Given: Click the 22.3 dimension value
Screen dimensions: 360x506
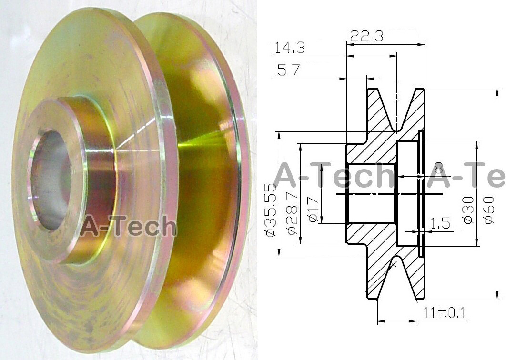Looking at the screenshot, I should [366, 36].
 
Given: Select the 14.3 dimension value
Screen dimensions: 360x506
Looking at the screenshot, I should [291, 48].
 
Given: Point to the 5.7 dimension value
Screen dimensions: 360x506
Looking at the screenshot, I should [288, 71].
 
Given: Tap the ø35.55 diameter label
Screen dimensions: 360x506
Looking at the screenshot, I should [270, 210].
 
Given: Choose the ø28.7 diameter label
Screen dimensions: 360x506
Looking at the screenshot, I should [292, 210].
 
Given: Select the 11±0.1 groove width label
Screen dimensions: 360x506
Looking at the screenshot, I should [444, 313].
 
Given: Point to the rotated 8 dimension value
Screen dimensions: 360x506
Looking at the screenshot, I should [439, 168].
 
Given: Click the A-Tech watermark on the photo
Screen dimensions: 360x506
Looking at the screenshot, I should [128, 226].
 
